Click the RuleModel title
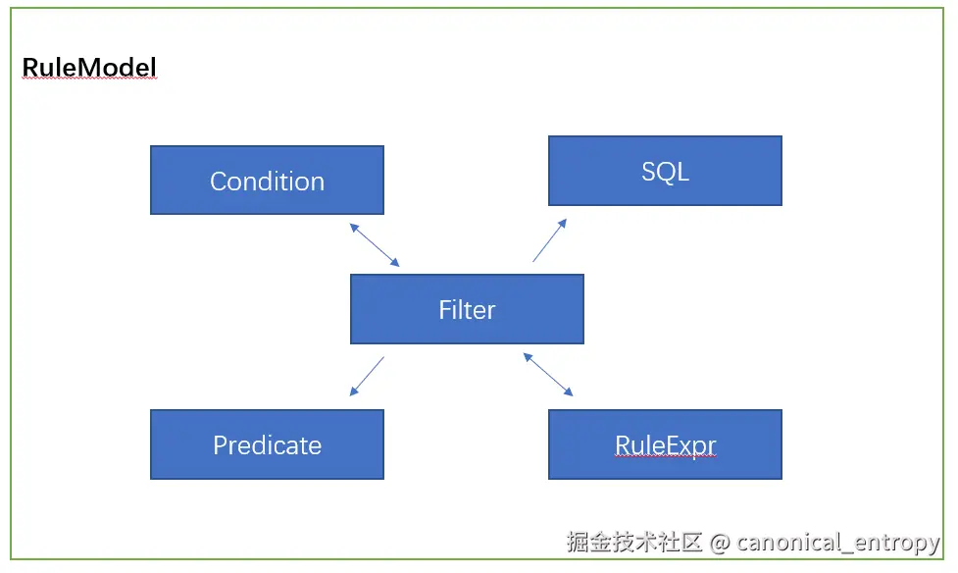(x=89, y=68)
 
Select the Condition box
(x=267, y=181)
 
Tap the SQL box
(x=665, y=171)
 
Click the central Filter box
(x=467, y=309)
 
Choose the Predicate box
(x=267, y=444)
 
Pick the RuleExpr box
(x=665, y=444)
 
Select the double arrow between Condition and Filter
(x=375, y=244)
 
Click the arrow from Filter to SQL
(x=550, y=240)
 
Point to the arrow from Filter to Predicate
(x=367, y=377)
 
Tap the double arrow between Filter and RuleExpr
(x=548, y=375)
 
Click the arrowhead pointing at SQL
(x=563, y=223)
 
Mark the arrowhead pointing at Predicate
(x=353, y=392)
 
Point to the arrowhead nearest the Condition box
(x=353, y=227)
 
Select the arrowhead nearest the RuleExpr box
(x=569, y=392)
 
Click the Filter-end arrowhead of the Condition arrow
(x=395, y=263)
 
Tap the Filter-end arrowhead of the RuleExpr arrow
(x=528, y=357)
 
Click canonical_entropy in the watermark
(x=838, y=543)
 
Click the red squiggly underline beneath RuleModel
(x=89, y=83)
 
